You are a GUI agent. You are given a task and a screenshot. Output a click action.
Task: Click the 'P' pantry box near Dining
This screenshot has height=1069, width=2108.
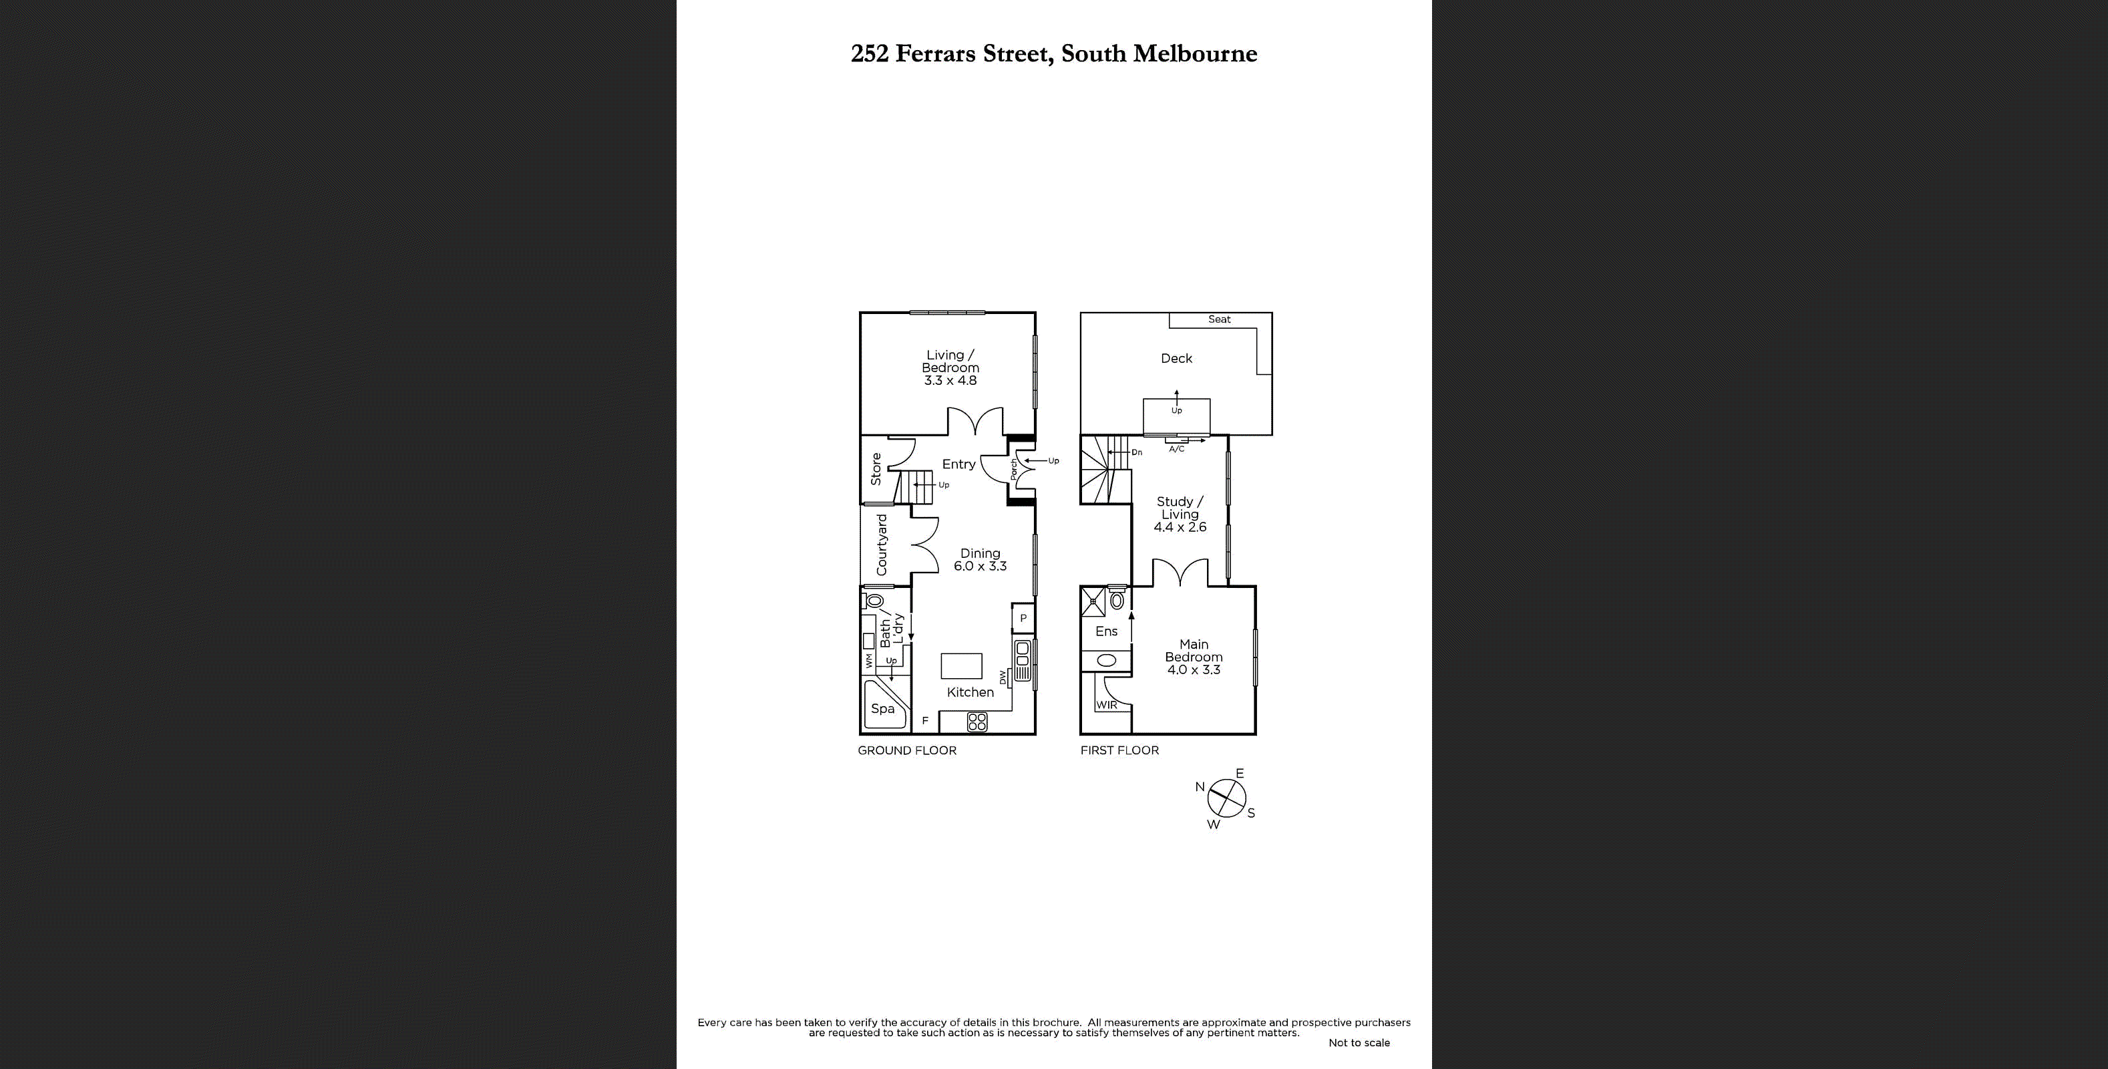[1023, 618]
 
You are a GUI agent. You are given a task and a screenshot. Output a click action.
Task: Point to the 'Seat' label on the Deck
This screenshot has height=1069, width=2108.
[1218, 320]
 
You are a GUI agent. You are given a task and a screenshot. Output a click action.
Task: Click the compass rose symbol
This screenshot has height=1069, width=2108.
[1226, 798]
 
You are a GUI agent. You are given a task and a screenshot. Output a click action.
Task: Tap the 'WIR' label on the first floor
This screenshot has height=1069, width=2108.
[1106, 705]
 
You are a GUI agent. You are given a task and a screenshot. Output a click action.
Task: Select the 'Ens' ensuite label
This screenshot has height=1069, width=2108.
[1105, 631]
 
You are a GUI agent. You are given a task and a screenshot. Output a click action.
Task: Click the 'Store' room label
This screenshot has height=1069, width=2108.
[876, 469]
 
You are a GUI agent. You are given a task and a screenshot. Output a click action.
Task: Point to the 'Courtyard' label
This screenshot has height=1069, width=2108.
[881, 545]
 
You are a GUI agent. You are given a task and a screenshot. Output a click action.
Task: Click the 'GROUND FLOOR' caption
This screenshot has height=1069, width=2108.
[906, 750]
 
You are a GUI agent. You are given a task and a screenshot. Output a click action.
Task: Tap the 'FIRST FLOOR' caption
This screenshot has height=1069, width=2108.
[1119, 750]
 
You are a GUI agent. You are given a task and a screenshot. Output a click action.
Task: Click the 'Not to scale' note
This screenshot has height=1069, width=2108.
[1359, 1043]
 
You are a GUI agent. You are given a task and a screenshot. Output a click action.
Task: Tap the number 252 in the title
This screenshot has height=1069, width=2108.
[869, 54]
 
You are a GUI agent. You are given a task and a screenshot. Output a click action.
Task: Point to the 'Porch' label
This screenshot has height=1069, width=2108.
[1014, 469]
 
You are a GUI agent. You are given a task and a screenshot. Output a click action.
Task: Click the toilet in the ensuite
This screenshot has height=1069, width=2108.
[1117, 600]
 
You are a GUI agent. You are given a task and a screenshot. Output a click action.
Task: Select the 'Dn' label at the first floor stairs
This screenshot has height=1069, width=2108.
[1137, 452]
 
